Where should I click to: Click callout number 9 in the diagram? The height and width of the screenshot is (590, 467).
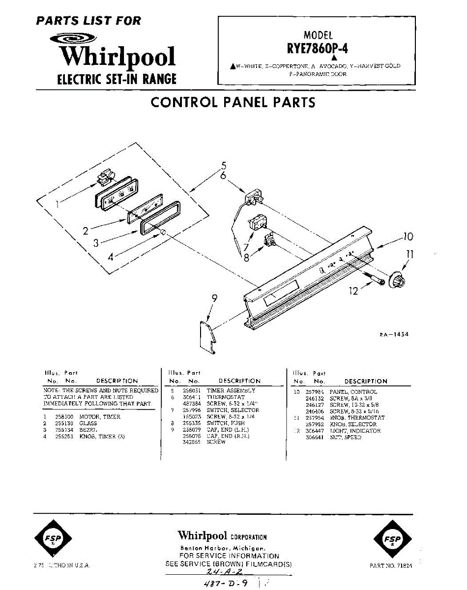coord(214,298)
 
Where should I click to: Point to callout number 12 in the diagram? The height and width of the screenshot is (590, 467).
coord(354,291)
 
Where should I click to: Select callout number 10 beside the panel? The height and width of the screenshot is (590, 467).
coord(408,237)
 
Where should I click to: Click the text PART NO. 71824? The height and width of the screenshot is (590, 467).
coord(391,566)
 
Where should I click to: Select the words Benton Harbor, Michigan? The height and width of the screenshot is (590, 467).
coord(223,548)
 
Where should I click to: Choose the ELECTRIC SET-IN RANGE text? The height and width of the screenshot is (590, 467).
coord(117,79)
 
